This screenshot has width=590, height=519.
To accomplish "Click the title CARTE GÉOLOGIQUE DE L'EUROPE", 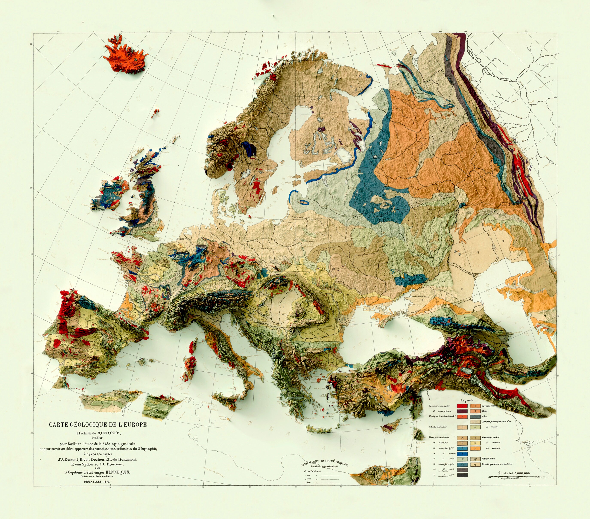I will click(x=97, y=424).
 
